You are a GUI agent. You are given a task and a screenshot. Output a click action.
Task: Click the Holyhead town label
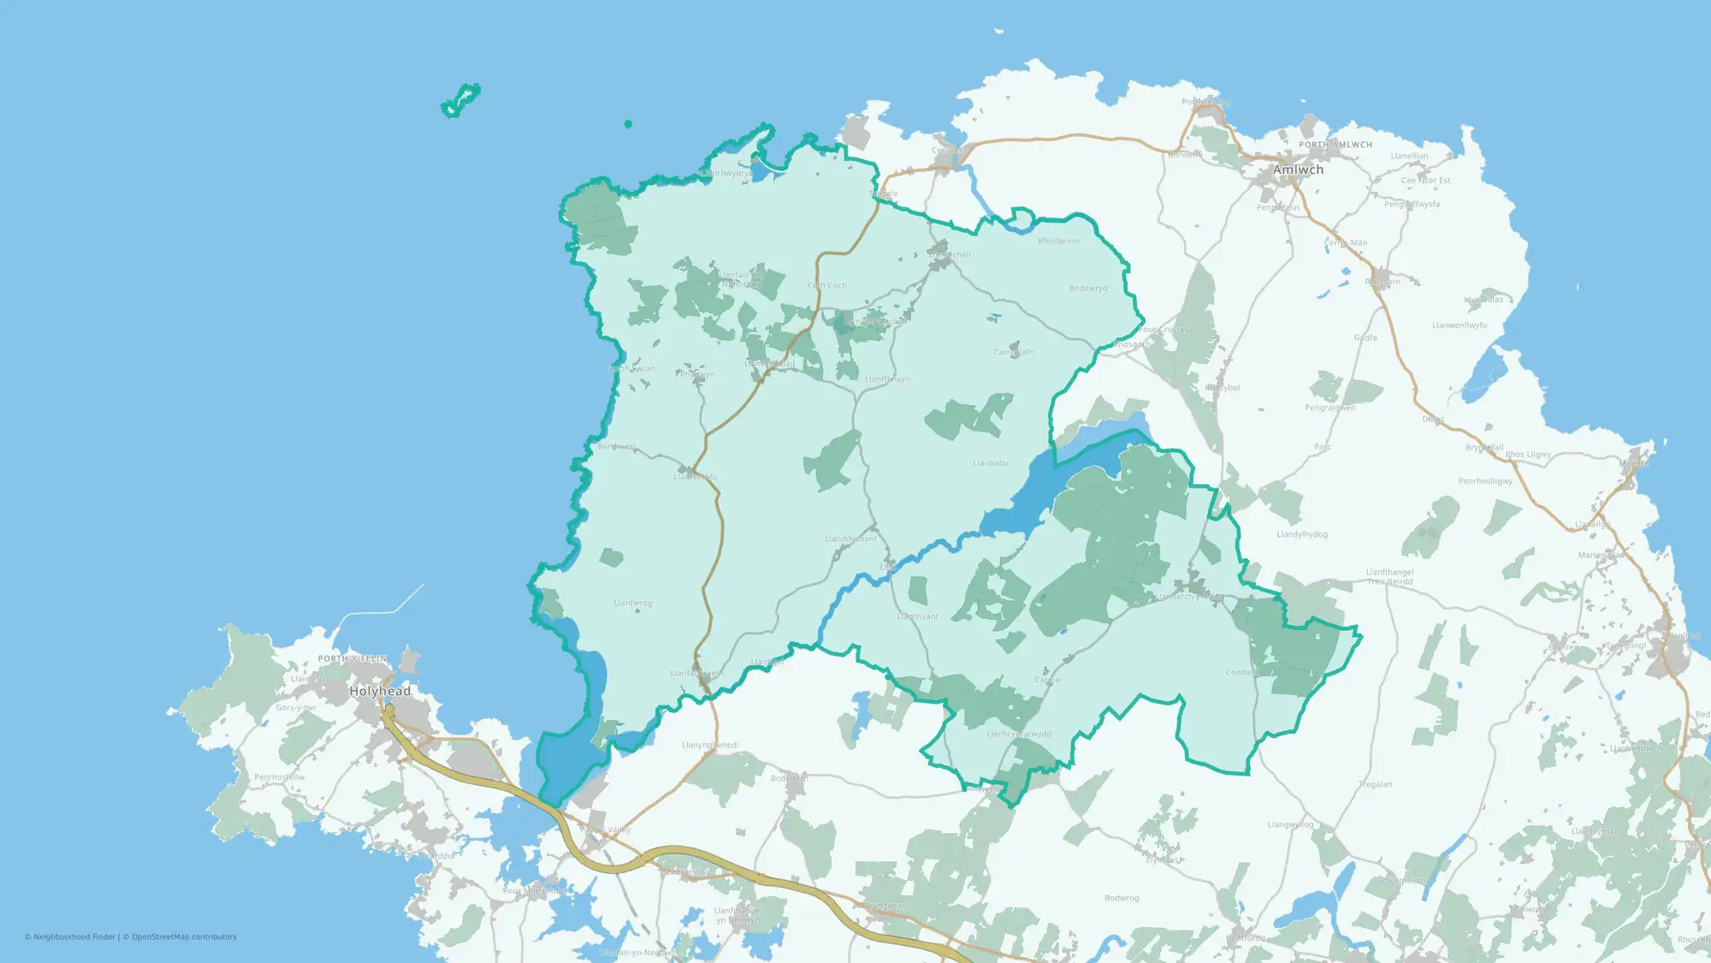coord(380,691)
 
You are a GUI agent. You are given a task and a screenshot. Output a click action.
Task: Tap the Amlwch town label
coord(1298,169)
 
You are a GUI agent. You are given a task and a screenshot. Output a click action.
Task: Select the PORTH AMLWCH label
coord(1335,145)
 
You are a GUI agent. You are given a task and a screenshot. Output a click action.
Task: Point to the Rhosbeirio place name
coord(1059,241)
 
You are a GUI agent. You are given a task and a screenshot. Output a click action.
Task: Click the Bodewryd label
coord(1088,288)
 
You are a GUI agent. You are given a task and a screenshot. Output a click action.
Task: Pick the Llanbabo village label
coord(991,463)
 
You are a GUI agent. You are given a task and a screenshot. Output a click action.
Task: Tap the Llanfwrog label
coord(633,603)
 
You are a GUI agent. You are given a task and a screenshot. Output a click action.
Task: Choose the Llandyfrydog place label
coord(1302,534)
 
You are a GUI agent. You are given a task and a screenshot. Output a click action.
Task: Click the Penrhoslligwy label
coord(1485,481)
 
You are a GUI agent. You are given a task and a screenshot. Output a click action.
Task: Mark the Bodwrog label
coord(1122,898)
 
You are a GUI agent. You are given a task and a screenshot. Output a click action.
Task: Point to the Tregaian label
coord(1376,784)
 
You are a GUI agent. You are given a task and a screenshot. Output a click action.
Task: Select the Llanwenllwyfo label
coord(1459,325)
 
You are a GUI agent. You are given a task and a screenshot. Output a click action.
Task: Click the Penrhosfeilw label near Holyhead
coord(279,777)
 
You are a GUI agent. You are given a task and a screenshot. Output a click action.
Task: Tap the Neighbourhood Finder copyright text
coord(72,937)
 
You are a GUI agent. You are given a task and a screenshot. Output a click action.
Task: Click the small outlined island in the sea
coord(460,101)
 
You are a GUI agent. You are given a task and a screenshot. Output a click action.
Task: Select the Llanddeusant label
coord(850,538)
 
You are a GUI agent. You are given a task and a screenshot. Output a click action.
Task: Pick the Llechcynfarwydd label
coord(1019,734)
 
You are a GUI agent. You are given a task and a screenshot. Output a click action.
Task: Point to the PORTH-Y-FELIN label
coord(352,658)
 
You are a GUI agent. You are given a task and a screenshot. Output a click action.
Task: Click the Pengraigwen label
coord(1330,407)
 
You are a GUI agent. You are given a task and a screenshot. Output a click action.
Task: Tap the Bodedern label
coord(789,778)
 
